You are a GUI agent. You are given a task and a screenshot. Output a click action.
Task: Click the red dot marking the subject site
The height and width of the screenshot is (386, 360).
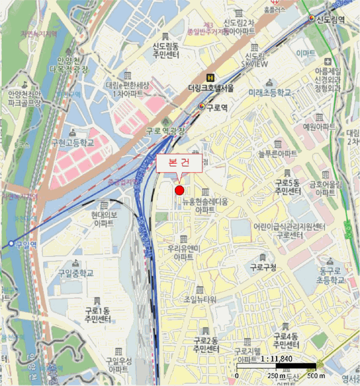(179, 190)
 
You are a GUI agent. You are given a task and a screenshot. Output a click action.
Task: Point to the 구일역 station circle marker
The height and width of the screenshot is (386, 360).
(10, 243)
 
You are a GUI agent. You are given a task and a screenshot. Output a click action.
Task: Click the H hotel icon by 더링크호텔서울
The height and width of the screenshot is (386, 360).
(209, 78)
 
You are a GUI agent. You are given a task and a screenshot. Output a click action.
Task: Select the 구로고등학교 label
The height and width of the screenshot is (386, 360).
(72, 142)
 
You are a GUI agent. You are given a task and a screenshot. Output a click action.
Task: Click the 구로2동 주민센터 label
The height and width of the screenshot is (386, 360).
(206, 346)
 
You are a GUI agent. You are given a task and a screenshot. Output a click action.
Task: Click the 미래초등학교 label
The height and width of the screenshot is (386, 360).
(269, 93)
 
